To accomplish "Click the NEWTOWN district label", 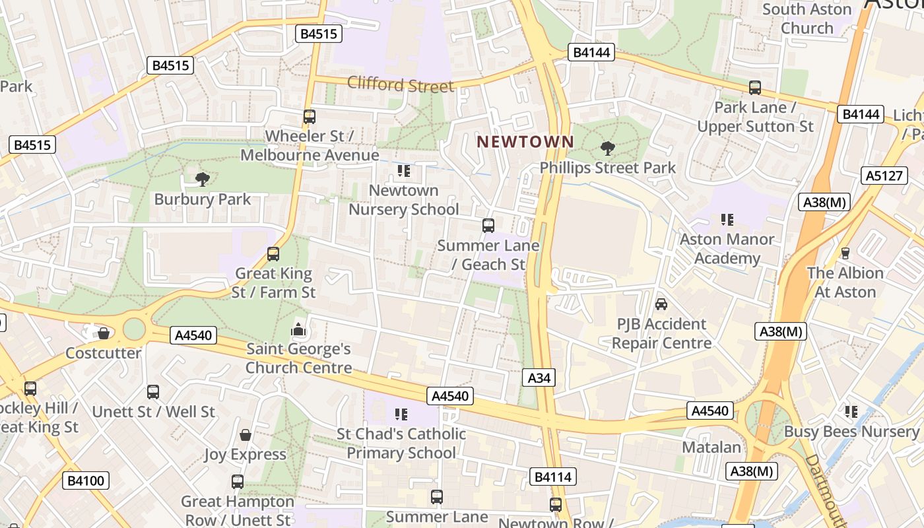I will coord(525,142).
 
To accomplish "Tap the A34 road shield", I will coord(539,378).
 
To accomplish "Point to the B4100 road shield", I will coord(86,480).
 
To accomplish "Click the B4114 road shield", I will coord(552,477).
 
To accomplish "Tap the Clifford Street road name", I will coord(401,84).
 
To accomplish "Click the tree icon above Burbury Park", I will coord(203,178).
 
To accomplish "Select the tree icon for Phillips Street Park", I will coord(607,148).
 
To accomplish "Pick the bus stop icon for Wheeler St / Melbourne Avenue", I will coord(310,117).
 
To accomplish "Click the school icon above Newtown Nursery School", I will coord(403,172).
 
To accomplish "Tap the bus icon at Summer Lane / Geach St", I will coord(488,226).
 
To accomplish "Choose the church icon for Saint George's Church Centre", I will coord(298,329).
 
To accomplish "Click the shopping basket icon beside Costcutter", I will coord(104,333).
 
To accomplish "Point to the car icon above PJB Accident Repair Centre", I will coord(661,304).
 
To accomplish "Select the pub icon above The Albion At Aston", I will coord(845,253).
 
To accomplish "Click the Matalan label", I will coord(711,447).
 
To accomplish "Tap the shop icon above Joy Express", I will coord(245,435).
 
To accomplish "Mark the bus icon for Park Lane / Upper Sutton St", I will coord(755,87).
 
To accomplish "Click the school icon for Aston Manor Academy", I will coord(727,219).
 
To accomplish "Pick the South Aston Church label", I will coord(807,18).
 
